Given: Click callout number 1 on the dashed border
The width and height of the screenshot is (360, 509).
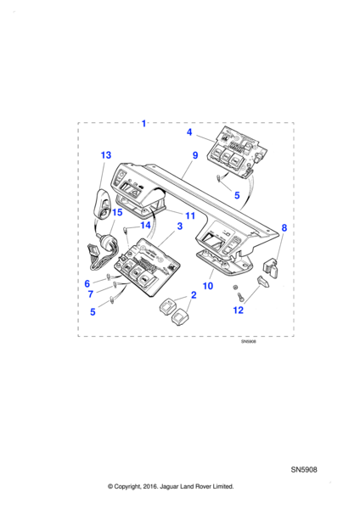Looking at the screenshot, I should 143,124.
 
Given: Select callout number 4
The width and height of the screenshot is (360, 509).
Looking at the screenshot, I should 190,132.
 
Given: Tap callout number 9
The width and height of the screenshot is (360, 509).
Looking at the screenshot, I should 195,156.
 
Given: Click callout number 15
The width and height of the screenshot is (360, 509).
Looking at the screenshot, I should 117,212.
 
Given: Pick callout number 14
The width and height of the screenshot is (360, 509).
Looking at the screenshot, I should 145,225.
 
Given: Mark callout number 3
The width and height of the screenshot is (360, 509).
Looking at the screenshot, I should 179,227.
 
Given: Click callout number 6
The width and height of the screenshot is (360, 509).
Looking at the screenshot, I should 87,282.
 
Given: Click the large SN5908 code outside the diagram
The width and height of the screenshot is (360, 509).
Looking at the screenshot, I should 304,469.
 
